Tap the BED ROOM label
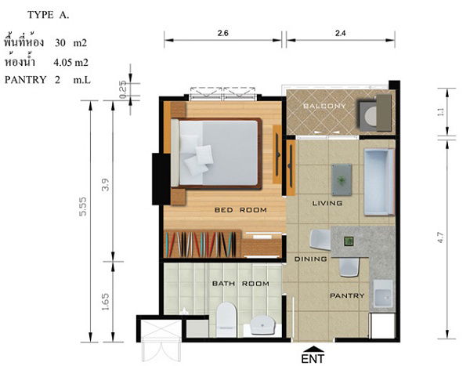[240, 210]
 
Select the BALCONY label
[324, 107]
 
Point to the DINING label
[309, 258]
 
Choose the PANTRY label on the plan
[346, 295]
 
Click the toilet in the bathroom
[226, 316]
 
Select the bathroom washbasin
[262, 322]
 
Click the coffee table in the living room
[342, 179]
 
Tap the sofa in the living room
[378, 182]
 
